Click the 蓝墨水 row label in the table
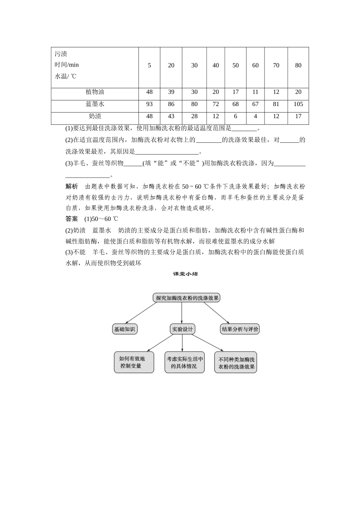[x=95, y=104]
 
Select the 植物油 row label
[x=95, y=92]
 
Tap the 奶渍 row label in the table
[x=95, y=116]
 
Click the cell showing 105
[x=298, y=104]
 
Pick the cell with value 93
[x=149, y=104]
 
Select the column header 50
[x=235, y=66]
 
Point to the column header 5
[x=149, y=66]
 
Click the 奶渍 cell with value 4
[x=255, y=116]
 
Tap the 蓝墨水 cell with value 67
[x=255, y=104]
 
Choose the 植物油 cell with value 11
[x=255, y=92]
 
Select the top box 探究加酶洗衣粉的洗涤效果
[x=187, y=298]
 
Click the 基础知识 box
[x=124, y=329]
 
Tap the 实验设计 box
[x=183, y=329]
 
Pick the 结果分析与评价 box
[x=240, y=329]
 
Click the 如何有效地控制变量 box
[x=134, y=362]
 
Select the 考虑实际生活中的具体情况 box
[x=184, y=362]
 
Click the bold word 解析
[x=72, y=186]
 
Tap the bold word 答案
[x=72, y=219]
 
